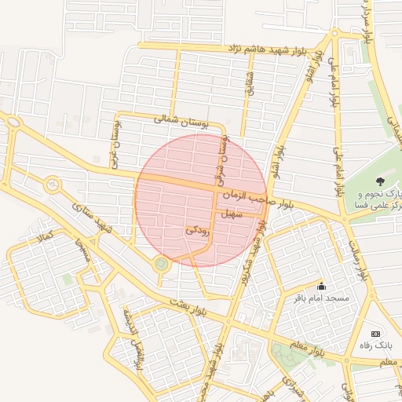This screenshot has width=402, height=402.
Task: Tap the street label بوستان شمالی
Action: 181,121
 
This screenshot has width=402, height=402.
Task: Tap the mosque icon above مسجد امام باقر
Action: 320,287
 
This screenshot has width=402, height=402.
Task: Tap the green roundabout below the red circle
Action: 162,265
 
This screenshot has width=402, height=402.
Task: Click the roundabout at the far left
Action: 53,185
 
